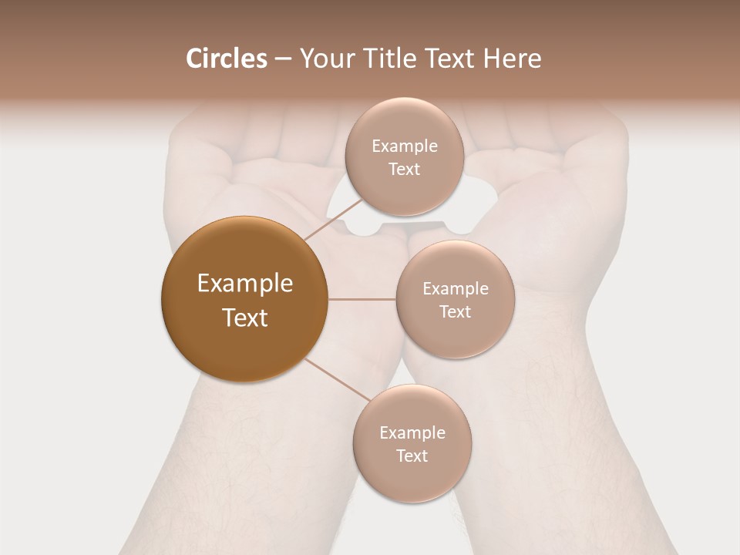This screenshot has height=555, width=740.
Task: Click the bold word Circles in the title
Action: coord(226,59)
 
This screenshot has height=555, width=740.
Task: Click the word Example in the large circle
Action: coord(245,284)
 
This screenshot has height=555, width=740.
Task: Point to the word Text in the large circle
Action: coord(245,318)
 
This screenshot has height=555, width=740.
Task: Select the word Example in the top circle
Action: coord(405,146)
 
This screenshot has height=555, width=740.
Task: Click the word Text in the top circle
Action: coord(404,169)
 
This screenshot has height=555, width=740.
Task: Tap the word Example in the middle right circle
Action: coord(456,288)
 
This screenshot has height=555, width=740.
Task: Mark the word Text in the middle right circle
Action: coord(455,311)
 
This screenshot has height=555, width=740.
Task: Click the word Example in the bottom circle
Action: coord(412,432)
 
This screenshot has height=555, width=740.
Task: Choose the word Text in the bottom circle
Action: coord(412,456)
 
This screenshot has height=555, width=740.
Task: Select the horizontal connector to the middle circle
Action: coord(362,299)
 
